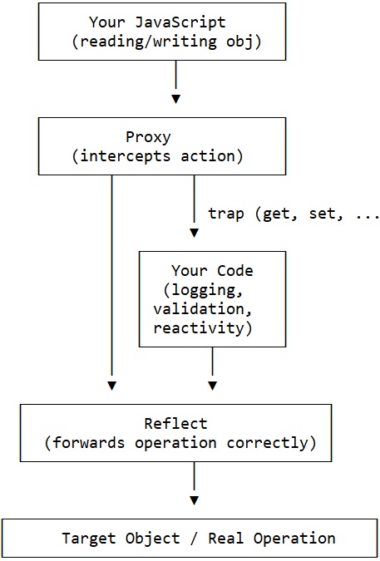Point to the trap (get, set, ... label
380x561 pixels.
pos(292,214)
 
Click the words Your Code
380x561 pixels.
pos(212,271)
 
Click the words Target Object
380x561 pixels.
pos(121,539)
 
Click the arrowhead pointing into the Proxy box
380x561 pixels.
pos(175,99)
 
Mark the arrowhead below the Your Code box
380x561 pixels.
pos(213,386)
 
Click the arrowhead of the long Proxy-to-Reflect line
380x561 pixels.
pos(111,386)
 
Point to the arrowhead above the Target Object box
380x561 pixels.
pos(195,500)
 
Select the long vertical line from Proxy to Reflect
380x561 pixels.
pos(111,274)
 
